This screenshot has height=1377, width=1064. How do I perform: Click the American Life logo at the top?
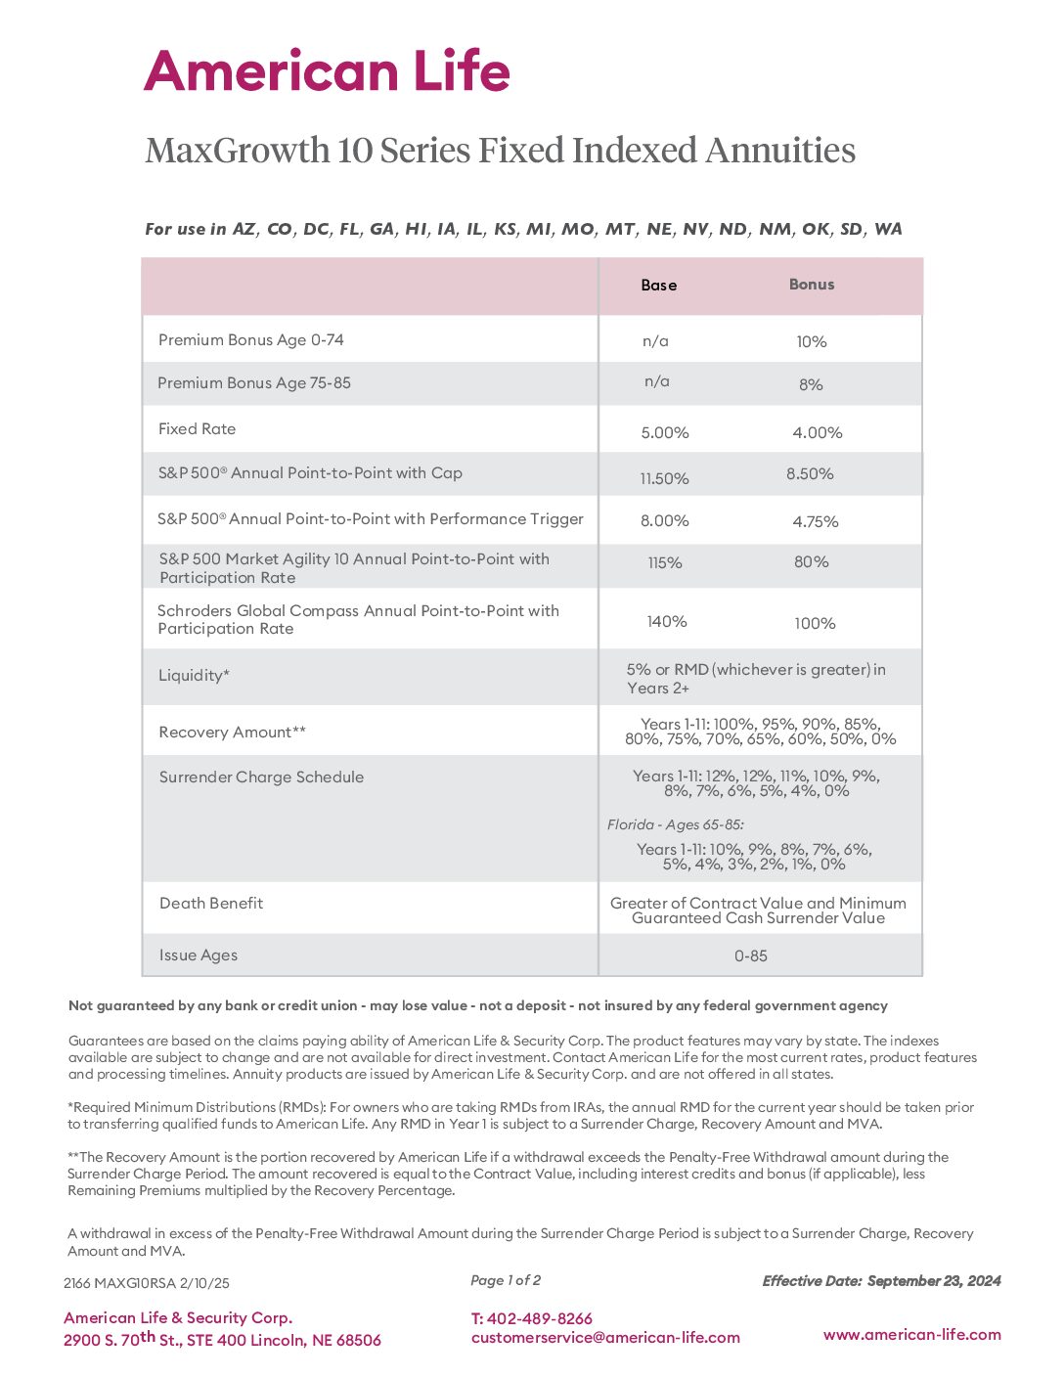pyautogui.click(x=327, y=71)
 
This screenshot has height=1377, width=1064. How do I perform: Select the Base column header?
pyautogui.click(x=658, y=286)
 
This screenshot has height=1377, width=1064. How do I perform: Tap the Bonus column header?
pyautogui.click(x=812, y=285)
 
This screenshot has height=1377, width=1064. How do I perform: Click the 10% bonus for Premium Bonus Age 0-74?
pyautogui.click(x=812, y=341)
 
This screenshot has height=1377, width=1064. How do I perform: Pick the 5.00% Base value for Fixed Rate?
pyautogui.click(x=665, y=432)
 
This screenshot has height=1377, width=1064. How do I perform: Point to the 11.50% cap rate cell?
pyautogui.click(x=665, y=478)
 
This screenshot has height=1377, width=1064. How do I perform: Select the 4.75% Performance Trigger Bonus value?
pyautogui.click(x=816, y=521)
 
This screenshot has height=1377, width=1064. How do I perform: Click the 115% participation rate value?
pyautogui.click(x=665, y=562)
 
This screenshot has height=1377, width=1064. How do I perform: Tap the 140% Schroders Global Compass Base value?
pyautogui.click(x=667, y=622)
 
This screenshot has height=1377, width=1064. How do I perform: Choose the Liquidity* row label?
pyautogui.click(x=195, y=676)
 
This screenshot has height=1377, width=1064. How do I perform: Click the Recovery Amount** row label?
pyautogui.click(x=233, y=733)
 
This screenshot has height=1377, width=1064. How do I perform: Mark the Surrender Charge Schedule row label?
pyautogui.click(x=261, y=777)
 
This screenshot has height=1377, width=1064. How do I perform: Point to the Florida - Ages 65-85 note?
pyautogui.click(x=676, y=824)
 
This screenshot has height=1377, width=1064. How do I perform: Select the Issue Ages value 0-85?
pyautogui.click(x=751, y=955)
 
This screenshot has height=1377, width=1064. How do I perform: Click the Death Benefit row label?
pyautogui.click(x=211, y=904)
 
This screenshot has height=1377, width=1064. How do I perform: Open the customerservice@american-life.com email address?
pyautogui.click(x=605, y=1338)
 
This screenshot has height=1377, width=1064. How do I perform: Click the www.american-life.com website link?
pyautogui.click(x=911, y=1334)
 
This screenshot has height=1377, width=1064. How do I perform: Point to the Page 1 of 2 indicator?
pyautogui.click(x=506, y=1280)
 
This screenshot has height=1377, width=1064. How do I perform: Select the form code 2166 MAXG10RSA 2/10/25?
pyautogui.click(x=147, y=1283)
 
